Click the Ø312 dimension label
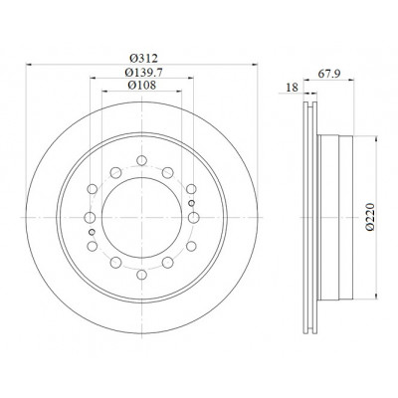pos(143,59)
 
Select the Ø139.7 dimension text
pos(143,72)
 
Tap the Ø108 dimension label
pos(142,86)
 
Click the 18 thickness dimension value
pos(292,88)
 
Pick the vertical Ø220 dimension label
pos(370,216)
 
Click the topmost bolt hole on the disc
pos(141,160)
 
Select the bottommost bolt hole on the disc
pos(141,275)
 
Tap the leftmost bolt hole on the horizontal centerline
pos(90,218)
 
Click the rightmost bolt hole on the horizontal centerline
pos(194,218)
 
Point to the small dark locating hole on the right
pos(191,203)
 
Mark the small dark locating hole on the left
pos(92,232)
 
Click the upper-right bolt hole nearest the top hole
pos(168,172)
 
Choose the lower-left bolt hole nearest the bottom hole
pos(115,263)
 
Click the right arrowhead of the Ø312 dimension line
pos(255,65)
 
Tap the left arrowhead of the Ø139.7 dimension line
pos(94,79)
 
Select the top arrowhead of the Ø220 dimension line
pos(376,138)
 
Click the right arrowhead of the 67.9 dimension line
pos(351,80)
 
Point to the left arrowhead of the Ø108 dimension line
pos(104,91)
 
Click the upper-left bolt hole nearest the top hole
pos(115,172)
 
